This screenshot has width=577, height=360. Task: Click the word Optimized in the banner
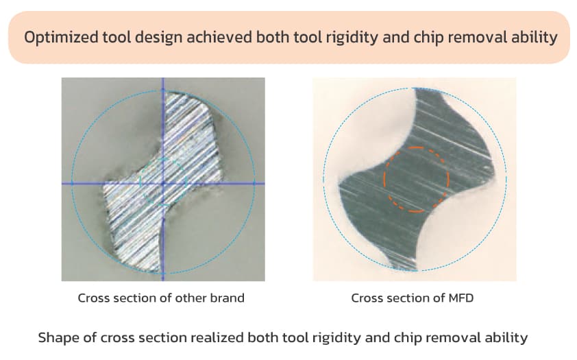point(61,38)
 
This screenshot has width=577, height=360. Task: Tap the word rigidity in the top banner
point(352,38)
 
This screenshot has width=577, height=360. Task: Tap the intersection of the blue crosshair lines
point(163,183)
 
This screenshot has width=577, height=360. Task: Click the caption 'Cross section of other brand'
point(161,298)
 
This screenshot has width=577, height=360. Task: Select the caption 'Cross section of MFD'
point(412,298)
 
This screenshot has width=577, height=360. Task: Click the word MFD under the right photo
point(461,298)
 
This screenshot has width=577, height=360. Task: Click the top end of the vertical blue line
point(163,78)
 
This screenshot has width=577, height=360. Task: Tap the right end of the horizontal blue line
point(265,183)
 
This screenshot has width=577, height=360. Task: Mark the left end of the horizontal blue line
point(62,183)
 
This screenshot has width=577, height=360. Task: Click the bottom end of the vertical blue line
point(163,280)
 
